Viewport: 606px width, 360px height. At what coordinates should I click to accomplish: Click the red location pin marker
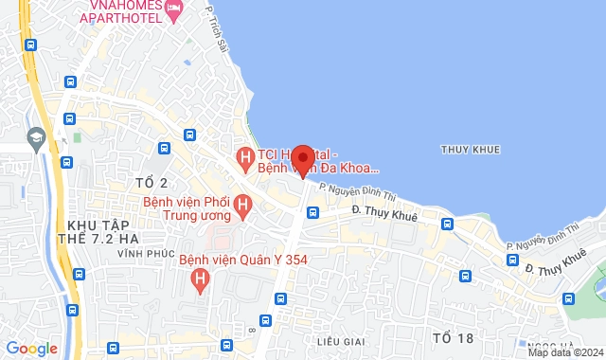[x=303, y=159]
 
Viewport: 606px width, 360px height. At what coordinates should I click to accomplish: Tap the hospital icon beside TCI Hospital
[x=244, y=155]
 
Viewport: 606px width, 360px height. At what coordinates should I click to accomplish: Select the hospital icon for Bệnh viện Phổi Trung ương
[x=243, y=204]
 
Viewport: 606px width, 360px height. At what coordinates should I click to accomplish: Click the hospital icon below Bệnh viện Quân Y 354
[x=200, y=279]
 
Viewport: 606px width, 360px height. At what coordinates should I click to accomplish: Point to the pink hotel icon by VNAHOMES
[x=174, y=9]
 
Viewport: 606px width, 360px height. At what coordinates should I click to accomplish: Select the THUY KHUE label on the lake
[x=471, y=150]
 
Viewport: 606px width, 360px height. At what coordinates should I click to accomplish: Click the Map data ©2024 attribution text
[x=564, y=352]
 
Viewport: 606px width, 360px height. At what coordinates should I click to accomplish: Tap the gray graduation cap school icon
[x=37, y=136]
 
